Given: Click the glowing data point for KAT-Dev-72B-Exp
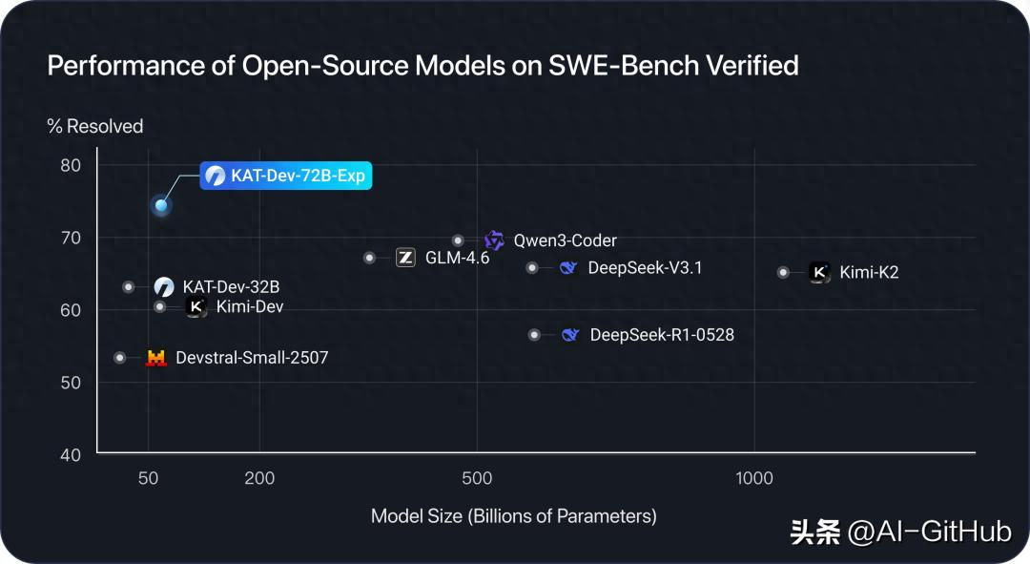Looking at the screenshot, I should (x=161, y=205).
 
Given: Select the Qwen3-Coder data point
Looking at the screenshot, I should (x=458, y=240).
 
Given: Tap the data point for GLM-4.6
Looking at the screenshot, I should (x=370, y=258).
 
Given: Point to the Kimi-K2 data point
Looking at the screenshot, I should (x=784, y=272).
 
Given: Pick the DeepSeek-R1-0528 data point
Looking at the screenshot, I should (x=534, y=335).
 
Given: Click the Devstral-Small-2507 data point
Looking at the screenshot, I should (x=119, y=358).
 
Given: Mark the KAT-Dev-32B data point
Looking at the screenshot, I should (x=129, y=286).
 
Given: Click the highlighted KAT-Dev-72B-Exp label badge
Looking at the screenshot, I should (x=284, y=176).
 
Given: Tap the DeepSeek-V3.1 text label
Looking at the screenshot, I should (x=645, y=268).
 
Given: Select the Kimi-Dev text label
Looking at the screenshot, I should (x=250, y=307).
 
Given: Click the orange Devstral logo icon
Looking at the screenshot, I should (x=155, y=358).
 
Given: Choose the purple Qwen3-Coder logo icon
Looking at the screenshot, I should (x=494, y=240).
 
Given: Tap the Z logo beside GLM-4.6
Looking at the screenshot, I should (x=405, y=258).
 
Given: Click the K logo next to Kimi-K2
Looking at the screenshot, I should (x=819, y=272).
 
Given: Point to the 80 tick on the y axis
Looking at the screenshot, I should (x=72, y=165).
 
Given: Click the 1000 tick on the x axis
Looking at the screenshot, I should (x=754, y=478).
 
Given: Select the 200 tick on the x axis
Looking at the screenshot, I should (x=259, y=478).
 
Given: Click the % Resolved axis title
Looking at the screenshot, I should (x=95, y=126).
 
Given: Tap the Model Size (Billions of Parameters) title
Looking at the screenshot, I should (x=514, y=516).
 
